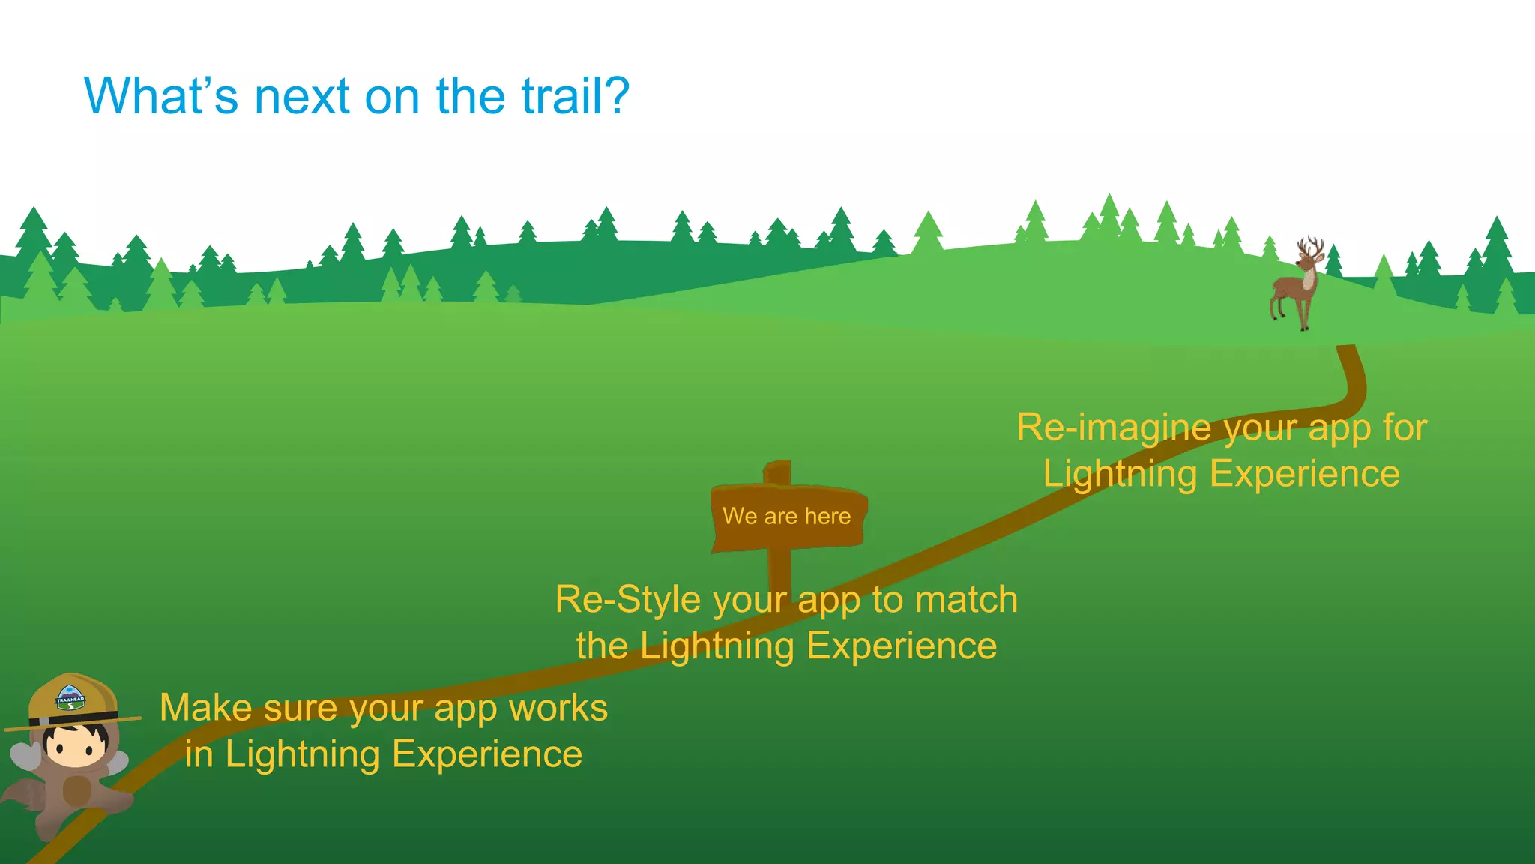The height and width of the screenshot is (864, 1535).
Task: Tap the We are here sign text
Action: point(786,516)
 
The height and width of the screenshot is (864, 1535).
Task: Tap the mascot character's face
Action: point(75,745)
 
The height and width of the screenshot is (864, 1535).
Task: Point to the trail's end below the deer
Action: point(1346,351)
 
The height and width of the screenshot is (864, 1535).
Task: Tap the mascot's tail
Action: point(22,795)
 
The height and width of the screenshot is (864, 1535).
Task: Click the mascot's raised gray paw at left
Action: point(24,755)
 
